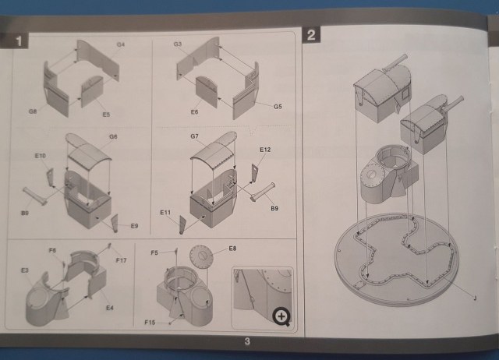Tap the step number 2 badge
[311, 35]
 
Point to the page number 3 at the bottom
[246, 340]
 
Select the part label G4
[121, 46]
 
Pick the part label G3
[179, 46]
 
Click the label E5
[105, 115]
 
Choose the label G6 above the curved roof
[112, 137]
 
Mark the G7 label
[193, 138]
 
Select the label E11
[165, 212]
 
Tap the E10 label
[40, 157]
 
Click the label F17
[120, 259]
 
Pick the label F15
[150, 321]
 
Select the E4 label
[109, 309]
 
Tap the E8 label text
[232, 249]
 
